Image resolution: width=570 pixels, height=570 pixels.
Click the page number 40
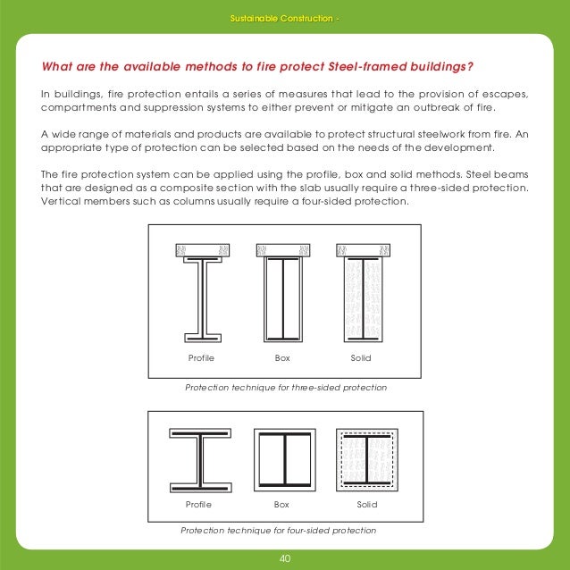[x=285, y=559]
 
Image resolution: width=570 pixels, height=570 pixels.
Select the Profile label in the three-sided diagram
[x=201, y=357]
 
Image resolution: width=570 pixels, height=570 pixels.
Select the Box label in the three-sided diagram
[x=283, y=357]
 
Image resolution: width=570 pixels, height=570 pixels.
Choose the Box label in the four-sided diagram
[x=283, y=505]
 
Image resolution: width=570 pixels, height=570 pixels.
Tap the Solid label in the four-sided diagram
[x=367, y=505]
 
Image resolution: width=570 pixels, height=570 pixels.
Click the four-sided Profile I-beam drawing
[x=200, y=461]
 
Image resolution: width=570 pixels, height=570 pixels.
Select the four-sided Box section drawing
[x=283, y=461]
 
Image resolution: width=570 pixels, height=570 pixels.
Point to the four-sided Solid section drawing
[x=366, y=461]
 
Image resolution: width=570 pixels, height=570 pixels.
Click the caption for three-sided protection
[x=285, y=389]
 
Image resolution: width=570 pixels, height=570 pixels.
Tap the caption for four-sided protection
[x=278, y=530]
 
